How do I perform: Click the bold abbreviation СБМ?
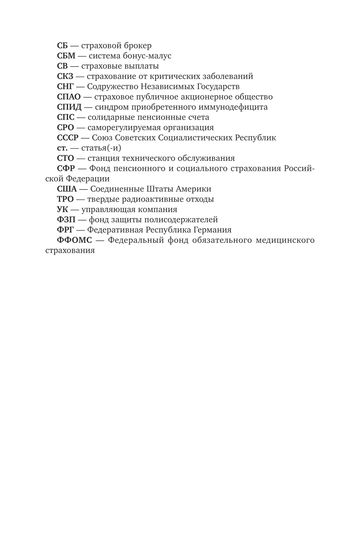click(x=66, y=56)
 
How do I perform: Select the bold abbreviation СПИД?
click(x=69, y=107)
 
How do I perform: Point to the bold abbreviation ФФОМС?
click(x=74, y=240)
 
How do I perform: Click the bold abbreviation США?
click(x=67, y=189)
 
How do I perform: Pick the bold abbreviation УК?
click(x=62, y=209)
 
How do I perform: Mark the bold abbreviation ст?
click(x=62, y=148)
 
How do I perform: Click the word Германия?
click(x=212, y=230)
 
